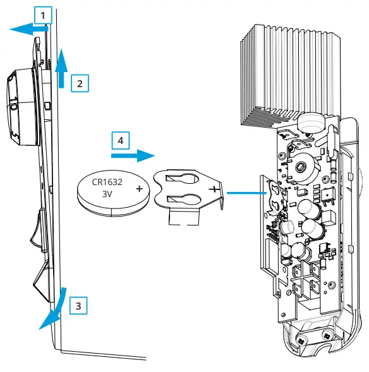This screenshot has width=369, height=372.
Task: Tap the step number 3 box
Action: coord(77,306)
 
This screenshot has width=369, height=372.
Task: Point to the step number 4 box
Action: coord(120,140)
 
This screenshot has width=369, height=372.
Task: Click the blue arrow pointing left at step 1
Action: coord(29,28)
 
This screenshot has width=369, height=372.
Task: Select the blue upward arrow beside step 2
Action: coord(61,69)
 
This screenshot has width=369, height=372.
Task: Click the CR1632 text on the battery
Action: coord(107,183)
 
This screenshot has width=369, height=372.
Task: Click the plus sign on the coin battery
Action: coord(138,188)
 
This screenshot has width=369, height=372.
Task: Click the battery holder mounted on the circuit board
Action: coord(276,193)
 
